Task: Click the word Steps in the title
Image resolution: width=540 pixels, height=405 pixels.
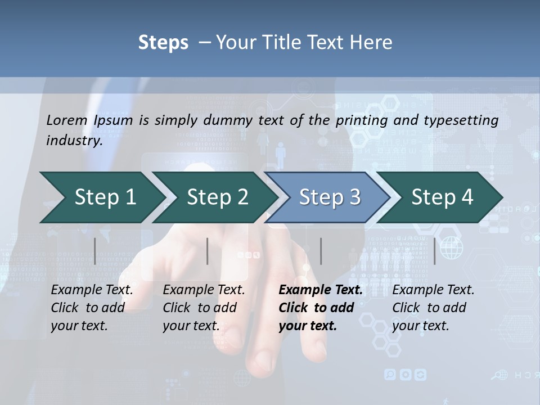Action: click(x=163, y=43)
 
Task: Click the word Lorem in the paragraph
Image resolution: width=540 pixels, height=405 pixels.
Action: click(x=67, y=120)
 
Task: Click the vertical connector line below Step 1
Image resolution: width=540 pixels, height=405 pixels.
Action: click(x=95, y=251)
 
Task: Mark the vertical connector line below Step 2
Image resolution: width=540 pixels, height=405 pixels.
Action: click(x=208, y=251)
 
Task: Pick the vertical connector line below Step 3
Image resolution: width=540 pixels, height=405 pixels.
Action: click(x=321, y=251)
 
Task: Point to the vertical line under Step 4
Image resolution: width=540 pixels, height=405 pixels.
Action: click(x=435, y=251)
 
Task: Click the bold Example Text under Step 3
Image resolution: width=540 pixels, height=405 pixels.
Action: click(x=321, y=290)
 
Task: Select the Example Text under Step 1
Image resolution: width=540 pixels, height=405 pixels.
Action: click(x=92, y=290)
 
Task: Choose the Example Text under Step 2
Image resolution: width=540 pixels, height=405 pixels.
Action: click(x=204, y=290)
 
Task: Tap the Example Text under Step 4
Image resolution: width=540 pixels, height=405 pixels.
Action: click(x=433, y=290)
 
